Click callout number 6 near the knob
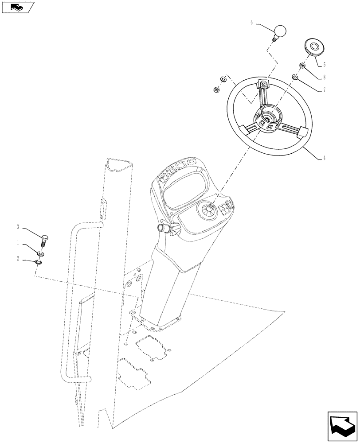click(x=252, y=22)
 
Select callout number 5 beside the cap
click(x=324, y=65)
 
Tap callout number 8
click(x=324, y=77)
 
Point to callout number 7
click(x=324, y=90)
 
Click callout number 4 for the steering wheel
click(x=324, y=158)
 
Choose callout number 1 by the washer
click(x=18, y=242)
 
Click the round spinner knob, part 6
click(x=279, y=32)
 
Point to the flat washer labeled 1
click(x=40, y=254)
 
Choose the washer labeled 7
click(x=296, y=78)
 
